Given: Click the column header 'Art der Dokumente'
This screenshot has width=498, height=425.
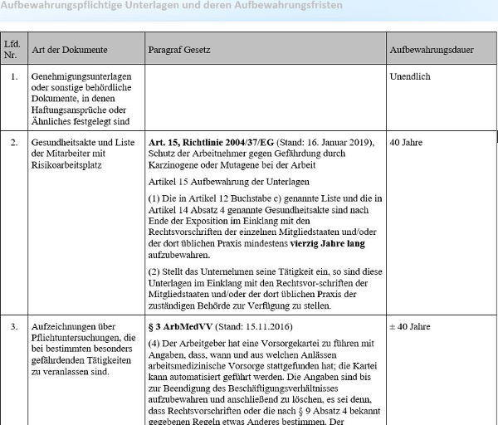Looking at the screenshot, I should tap(70, 50).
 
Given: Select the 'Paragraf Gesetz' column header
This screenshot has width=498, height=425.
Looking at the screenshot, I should tap(179, 50).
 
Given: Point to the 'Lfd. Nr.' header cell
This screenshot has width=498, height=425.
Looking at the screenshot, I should tap(12, 49).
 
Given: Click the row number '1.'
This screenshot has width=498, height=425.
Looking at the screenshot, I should tap(13, 76).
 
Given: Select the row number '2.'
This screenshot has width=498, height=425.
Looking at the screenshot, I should tap(13, 142).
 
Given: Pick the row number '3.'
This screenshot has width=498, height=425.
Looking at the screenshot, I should tap(13, 327).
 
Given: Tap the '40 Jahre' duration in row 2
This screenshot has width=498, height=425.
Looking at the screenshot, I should tap(406, 142).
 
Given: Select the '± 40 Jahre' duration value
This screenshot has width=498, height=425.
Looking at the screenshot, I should tap(410, 327).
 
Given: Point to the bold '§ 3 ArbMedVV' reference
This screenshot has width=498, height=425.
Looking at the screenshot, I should tap(178, 327).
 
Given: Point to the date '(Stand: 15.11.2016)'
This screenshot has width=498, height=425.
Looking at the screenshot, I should tap(246, 327).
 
